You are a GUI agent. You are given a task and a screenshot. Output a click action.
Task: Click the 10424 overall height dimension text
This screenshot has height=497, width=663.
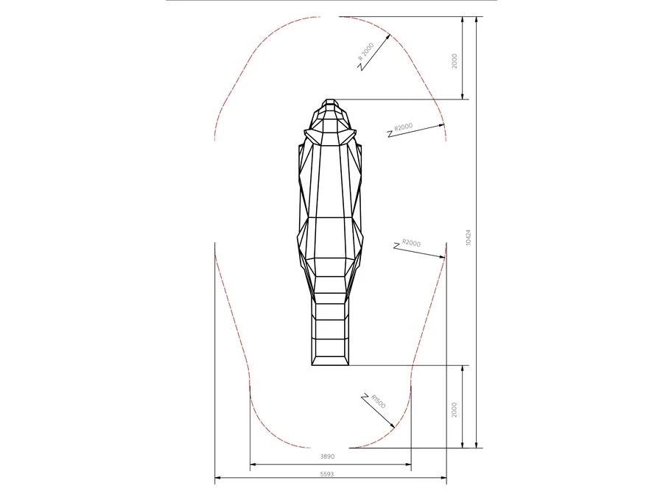click(468, 238)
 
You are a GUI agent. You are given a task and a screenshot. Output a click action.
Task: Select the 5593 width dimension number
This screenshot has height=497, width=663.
click(327, 473)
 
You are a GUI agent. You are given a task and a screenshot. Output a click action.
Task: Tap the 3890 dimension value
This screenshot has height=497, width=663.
click(327, 457)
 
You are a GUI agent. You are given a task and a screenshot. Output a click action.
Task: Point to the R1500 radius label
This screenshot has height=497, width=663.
click(379, 401)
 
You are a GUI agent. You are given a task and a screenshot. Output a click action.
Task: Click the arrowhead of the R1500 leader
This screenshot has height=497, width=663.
click(393, 426)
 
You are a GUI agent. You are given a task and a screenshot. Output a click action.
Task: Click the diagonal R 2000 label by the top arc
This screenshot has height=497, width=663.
click(366, 51)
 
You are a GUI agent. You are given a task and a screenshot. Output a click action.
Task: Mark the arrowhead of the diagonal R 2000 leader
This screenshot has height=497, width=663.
click(387, 36)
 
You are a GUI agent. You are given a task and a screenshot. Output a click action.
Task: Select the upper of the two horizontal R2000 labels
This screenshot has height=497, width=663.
click(404, 127)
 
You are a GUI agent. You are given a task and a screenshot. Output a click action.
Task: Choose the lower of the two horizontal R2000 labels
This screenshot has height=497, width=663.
click(411, 243)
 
